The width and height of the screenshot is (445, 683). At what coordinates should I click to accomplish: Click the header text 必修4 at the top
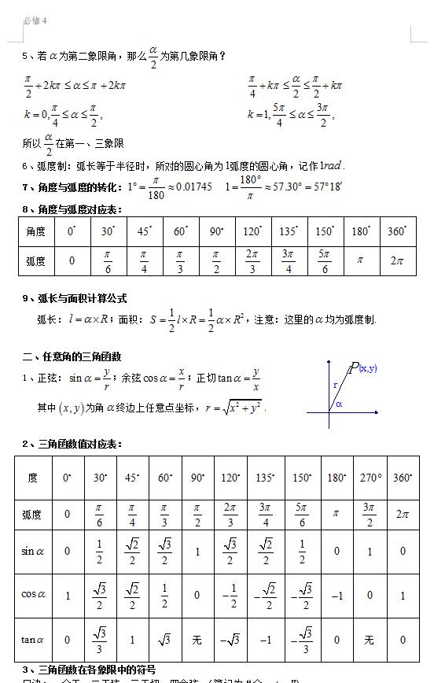pyautogui.click(x=35, y=20)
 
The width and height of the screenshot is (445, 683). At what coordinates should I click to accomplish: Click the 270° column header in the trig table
pyautogui.click(x=370, y=478)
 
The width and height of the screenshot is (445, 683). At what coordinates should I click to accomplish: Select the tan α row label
pyautogui.click(x=33, y=640)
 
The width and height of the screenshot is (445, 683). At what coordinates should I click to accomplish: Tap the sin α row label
pyautogui.click(x=33, y=552)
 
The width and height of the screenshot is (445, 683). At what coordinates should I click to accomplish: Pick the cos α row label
pyautogui.click(x=33, y=596)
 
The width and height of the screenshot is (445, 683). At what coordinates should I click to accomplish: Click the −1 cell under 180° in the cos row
pyautogui.click(x=337, y=596)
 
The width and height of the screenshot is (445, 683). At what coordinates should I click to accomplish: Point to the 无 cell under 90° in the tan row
pyautogui.click(x=197, y=640)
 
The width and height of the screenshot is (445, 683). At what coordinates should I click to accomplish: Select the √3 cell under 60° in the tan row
pyautogui.click(x=164, y=640)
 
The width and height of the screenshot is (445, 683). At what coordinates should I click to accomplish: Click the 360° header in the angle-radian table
pyautogui.click(x=397, y=231)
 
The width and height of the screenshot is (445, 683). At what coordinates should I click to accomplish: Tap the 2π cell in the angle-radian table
pyautogui.click(x=397, y=260)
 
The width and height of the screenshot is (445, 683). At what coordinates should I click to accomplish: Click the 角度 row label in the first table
pyautogui.click(x=36, y=231)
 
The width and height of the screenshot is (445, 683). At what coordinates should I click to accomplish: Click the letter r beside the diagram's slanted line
pyautogui.click(x=335, y=386)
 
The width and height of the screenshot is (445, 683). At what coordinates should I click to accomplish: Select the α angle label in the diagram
pyautogui.click(x=339, y=404)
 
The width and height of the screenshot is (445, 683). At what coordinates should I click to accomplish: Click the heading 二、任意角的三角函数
pyautogui.click(x=72, y=356)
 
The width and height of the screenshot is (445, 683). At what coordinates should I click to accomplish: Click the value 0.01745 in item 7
pyautogui.click(x=193, y=187)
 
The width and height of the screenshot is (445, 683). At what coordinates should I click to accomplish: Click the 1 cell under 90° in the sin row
pyautogui.click(x=197, y=552)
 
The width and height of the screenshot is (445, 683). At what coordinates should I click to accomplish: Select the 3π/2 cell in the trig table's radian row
pyautogui.click(x=370, y=515)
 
